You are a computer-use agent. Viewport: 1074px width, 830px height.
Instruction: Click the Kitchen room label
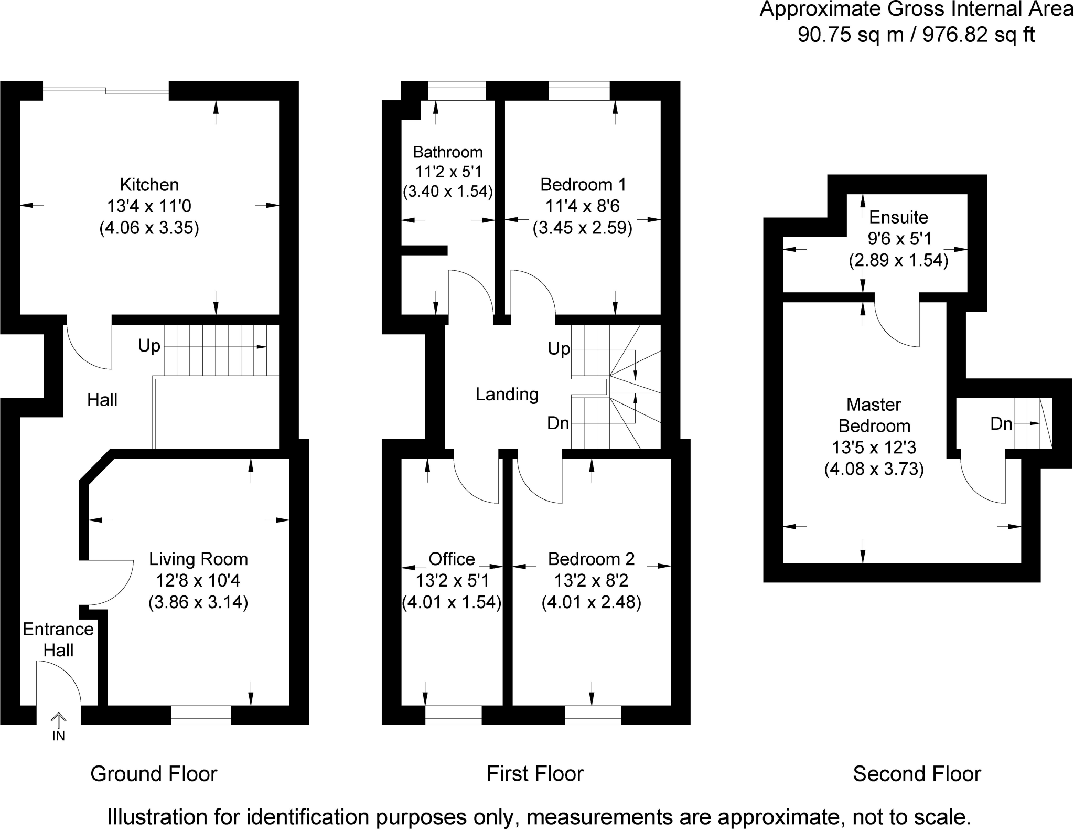click(x=149, y=185)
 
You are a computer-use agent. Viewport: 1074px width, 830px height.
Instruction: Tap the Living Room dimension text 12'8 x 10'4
click(x=198, y=581)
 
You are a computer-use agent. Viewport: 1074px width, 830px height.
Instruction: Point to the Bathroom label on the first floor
click(x=448, y=152)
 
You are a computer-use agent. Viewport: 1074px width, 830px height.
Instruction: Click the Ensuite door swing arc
click(x=897, y=325)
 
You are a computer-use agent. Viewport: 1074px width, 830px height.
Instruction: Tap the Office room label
click(x=452, y=559)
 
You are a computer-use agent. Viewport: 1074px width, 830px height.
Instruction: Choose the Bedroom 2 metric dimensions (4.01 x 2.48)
click(x=591, y=602)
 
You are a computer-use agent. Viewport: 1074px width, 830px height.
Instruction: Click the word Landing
click(x=507, y=395)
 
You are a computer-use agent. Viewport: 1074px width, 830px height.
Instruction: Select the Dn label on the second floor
click(x=1001, y=424)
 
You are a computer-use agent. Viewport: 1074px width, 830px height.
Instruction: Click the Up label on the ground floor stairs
click(x=149, y=346)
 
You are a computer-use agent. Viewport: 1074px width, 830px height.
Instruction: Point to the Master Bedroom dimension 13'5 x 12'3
click(x=874, y=448)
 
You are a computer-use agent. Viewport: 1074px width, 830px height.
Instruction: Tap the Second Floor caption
click(x=917, y=774)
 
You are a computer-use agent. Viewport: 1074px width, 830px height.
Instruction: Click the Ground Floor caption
click(x=154, y=774)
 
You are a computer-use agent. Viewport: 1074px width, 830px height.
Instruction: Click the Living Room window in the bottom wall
click(x=201, y=715)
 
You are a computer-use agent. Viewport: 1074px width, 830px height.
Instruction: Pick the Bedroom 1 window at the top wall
click(x=579, y=91)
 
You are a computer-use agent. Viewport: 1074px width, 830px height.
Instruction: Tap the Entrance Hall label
click(x=58, y=640)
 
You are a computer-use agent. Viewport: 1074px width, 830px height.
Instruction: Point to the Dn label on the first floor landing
click(x=558, y=423)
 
